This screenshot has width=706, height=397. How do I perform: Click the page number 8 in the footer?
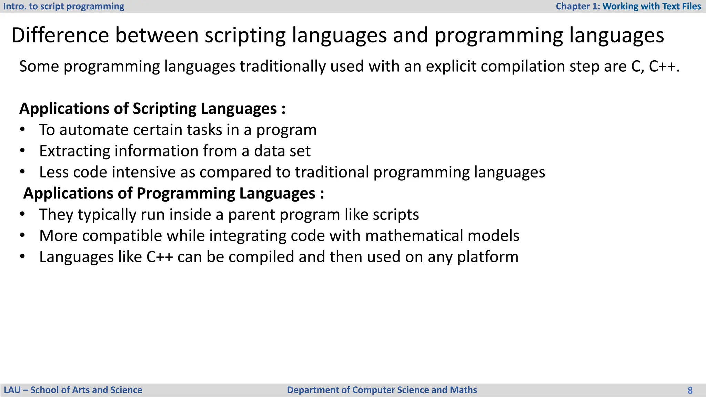tap(690, 390)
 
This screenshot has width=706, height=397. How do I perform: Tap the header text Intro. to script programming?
tap(63, 7)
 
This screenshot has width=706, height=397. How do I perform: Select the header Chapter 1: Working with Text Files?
tap(628, 7)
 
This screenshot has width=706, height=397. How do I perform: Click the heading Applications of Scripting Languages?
tap(152, 109)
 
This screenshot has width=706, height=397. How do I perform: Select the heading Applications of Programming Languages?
tap(173, 193)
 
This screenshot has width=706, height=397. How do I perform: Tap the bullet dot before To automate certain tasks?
tap(22, 130)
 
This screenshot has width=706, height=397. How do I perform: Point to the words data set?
tap(282, 151)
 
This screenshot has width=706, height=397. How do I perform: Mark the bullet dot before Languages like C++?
tap(22, 257)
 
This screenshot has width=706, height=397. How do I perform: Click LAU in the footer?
tap(12, 390)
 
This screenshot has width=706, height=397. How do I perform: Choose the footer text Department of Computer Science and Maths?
tap(382, 390)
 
